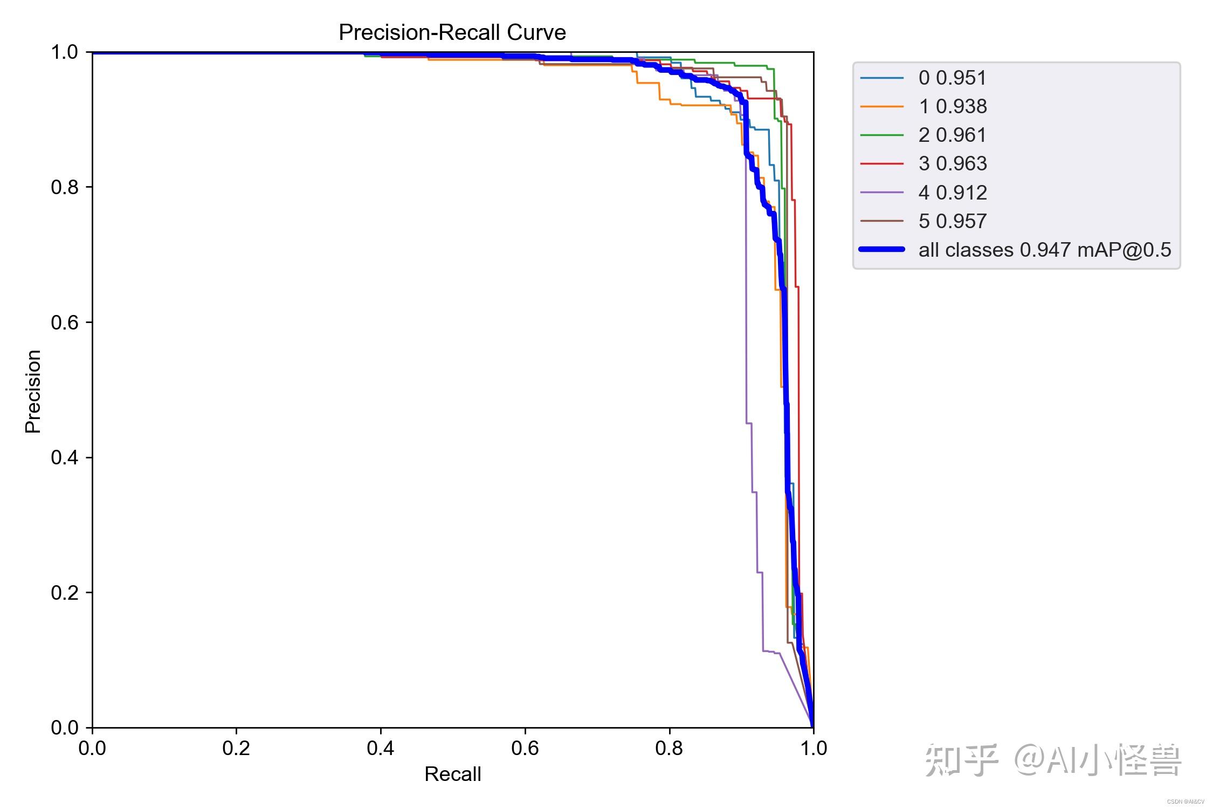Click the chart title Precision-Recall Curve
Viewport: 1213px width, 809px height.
(x=452, y=33)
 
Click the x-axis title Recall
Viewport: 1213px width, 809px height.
(x=452, y=774)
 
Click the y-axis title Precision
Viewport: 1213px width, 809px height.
(x=33, y=391)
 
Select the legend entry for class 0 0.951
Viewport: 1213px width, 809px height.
(x=953, y=78)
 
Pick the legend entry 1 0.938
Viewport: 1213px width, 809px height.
(x=953, y=107)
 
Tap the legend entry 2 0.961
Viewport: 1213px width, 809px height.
(x=953, y=135)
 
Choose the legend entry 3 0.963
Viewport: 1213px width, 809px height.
(x=953, y=164)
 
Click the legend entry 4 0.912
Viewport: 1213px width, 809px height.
(x=953, y=193)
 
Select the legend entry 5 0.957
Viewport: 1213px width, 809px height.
(x=953, y=221)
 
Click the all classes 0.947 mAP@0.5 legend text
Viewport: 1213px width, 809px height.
(x=1045, y=250)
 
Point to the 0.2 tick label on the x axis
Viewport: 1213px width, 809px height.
(x=236, y=748)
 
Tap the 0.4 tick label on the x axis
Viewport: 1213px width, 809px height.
(x=381, y=748)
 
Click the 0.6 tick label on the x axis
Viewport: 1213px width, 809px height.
(x=525, y=748)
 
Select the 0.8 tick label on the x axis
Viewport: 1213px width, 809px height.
(x=669, y=748)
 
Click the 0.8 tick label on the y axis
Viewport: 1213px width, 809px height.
(x=65, y=188)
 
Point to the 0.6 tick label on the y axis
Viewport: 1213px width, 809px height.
(x=65, y=323)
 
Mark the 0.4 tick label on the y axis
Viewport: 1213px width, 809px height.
(x=65, y=458)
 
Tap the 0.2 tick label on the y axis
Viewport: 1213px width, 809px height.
(x=65, y=593)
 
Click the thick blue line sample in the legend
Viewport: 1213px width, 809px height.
(x=882, y=249)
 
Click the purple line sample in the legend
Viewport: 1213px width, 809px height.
(x=882, y=192)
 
